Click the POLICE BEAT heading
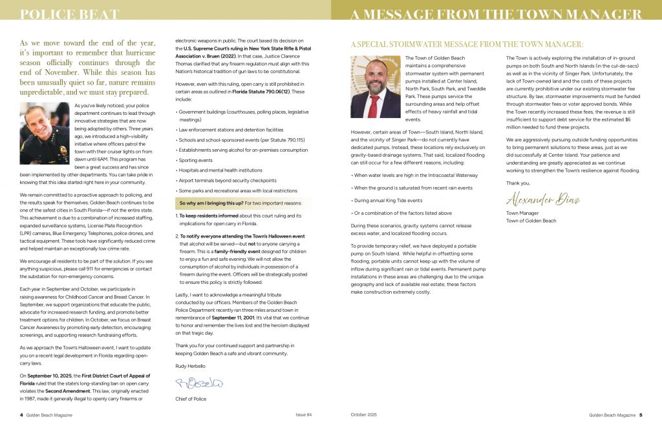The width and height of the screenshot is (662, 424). (70, 14)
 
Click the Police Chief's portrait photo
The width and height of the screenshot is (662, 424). (45, 134)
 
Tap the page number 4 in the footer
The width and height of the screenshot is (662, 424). (21, 414)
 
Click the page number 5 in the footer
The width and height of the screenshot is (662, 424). (641, 414)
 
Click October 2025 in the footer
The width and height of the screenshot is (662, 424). (363, 414)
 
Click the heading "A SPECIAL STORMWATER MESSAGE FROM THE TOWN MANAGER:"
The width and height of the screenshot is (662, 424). (467, 45)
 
